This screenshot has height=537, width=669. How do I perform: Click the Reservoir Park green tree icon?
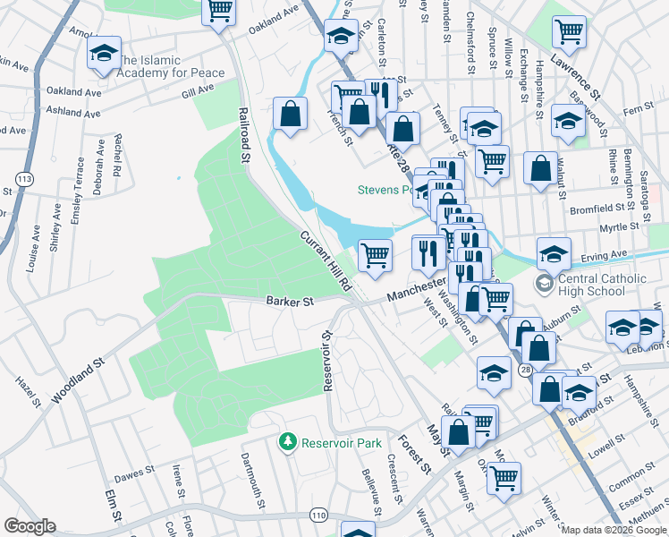(287, 442)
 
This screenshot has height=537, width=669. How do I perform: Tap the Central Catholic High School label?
(603, 286)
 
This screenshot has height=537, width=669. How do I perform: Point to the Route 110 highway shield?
(318, 515)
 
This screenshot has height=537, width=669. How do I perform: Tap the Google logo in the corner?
(30, 526)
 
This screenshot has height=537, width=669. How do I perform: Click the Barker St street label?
(289, 303)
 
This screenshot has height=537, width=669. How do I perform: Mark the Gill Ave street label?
(198, 90)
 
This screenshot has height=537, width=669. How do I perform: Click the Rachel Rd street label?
(117, 155)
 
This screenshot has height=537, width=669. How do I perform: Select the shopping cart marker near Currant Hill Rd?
(375, 255)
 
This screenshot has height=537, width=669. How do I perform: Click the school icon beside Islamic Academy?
(104, 54)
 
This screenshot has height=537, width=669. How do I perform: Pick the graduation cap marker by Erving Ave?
(554, 254)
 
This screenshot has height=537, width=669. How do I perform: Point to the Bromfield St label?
(603, 210)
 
